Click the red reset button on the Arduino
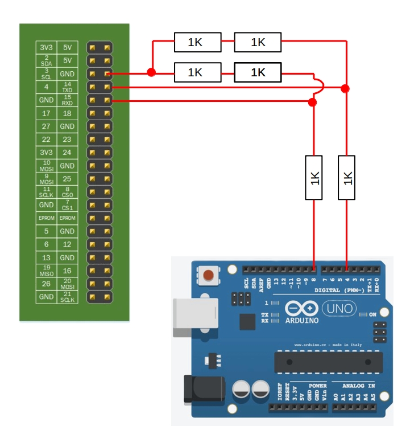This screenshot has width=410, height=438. coord(209,276)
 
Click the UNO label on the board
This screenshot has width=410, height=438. coord(339,309)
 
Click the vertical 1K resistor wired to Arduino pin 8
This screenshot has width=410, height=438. coord(314,178)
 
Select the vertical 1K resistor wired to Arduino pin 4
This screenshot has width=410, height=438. coord(346,178)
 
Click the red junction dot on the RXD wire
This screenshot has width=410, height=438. coord(312,102)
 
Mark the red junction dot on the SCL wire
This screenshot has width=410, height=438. coord(151,72)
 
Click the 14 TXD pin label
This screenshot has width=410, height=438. coord(67,87)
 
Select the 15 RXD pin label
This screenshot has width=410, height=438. coord(67,100)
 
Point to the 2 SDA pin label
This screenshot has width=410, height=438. coord(46,60)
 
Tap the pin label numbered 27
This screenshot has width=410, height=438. coord(46,126)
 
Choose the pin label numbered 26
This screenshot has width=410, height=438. coord(46,284)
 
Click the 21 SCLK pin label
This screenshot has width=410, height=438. coord(67,297)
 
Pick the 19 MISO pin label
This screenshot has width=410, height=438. coord(46,271)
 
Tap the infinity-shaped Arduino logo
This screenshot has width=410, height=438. coord(301,308)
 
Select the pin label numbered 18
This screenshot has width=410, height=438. coord(67,113)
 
